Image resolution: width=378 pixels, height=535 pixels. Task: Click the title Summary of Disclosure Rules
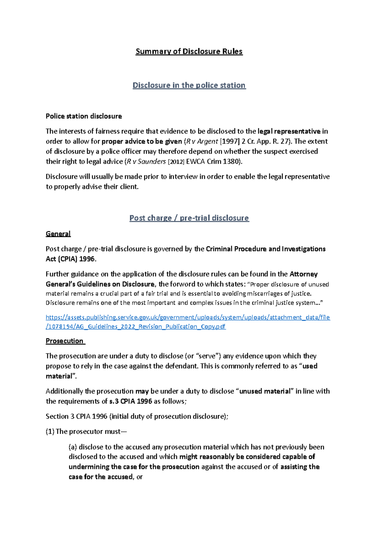[x=189, y=51]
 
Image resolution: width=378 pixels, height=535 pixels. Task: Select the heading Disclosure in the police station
[x=189, y=85]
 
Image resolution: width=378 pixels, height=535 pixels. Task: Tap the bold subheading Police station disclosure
[x=84, y=116]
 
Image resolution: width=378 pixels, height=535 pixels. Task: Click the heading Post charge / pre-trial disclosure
[x=189, y=218]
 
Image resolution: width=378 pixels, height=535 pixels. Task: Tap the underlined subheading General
[x=58, y=234]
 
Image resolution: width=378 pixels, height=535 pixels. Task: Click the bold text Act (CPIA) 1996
[x=70, y=259]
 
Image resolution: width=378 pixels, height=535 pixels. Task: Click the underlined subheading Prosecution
[x=65, y=341]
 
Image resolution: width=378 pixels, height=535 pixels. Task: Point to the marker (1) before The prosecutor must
[x=50, y=432]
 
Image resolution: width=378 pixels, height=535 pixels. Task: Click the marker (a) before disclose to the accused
[x=73, y=447]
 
